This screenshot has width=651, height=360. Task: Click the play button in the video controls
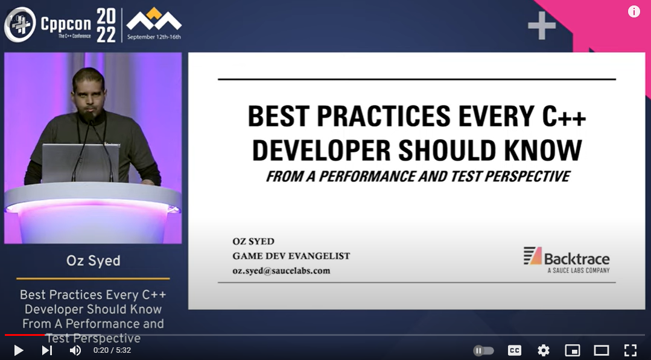click(x=18, y=350)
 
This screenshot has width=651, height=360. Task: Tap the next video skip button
click(x=47, y=350)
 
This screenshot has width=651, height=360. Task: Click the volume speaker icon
click(x=75, y=350)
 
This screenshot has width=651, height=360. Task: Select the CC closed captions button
click(x=514, y=350)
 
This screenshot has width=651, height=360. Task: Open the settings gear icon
click(x=543, y=350)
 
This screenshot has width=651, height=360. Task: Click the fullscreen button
click(x=630, y=350)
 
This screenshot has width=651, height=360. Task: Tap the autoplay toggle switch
click(x=484, y=350)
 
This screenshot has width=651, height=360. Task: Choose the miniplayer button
click(x=572, y=350)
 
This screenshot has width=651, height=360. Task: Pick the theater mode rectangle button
click(x=601, y=350)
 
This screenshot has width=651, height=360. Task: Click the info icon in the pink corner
click(x=634, y=11)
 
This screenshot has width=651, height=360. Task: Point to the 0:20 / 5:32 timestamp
click(x=112, y=350)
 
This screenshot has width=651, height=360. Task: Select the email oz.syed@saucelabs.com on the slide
click(x=281, y=271)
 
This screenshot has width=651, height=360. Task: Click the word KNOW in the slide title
click(x=547, y=151)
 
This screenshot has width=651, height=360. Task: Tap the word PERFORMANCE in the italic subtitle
click(x=379, y=177)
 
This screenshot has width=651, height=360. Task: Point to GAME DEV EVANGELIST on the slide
click(x=291, y=256)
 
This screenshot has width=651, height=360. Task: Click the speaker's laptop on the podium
click(x=80, y=162)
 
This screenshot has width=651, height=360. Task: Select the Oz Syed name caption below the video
click(x=93, y=261)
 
